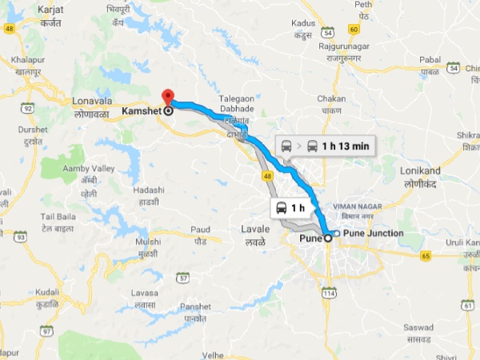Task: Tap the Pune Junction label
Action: tap(370, 233)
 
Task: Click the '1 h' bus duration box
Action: tap(290, 208)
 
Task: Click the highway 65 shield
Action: tap(426, 255)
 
